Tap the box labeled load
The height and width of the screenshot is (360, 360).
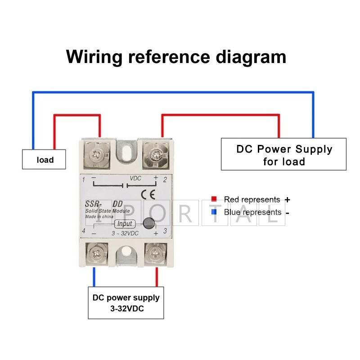(x=44, y=159)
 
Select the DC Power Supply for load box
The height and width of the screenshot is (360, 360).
(x=283, y=154)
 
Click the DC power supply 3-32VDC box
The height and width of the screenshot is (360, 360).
(x=126, y=303)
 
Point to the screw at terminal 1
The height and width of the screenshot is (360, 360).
(x=97, y=155)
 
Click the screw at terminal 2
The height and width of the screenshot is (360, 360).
(x=156, y=155)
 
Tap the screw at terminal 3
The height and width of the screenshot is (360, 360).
(x=156, y=254)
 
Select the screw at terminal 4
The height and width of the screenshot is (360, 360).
(x=97, y=254)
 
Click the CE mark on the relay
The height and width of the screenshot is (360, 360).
(x=148, y=195)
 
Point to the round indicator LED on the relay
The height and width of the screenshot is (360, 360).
(x=149, y=223)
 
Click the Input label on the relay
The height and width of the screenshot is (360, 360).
(x=125, y=224)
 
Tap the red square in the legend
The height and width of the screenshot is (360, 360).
(x=214, y=199)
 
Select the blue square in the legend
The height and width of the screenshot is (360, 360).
(x=214, y=211)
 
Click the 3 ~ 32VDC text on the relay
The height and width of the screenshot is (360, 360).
(x=125, y=234)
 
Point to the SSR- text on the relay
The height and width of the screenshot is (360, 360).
(x=93, y=204)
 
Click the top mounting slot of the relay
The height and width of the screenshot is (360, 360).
(x=126, y=153)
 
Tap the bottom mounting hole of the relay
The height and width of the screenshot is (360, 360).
(x=126, y=252)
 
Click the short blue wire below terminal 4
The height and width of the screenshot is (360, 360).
(x=94, y=277)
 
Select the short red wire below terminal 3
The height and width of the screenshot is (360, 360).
(x=157, y=277)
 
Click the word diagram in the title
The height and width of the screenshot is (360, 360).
(x=251, y=58)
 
